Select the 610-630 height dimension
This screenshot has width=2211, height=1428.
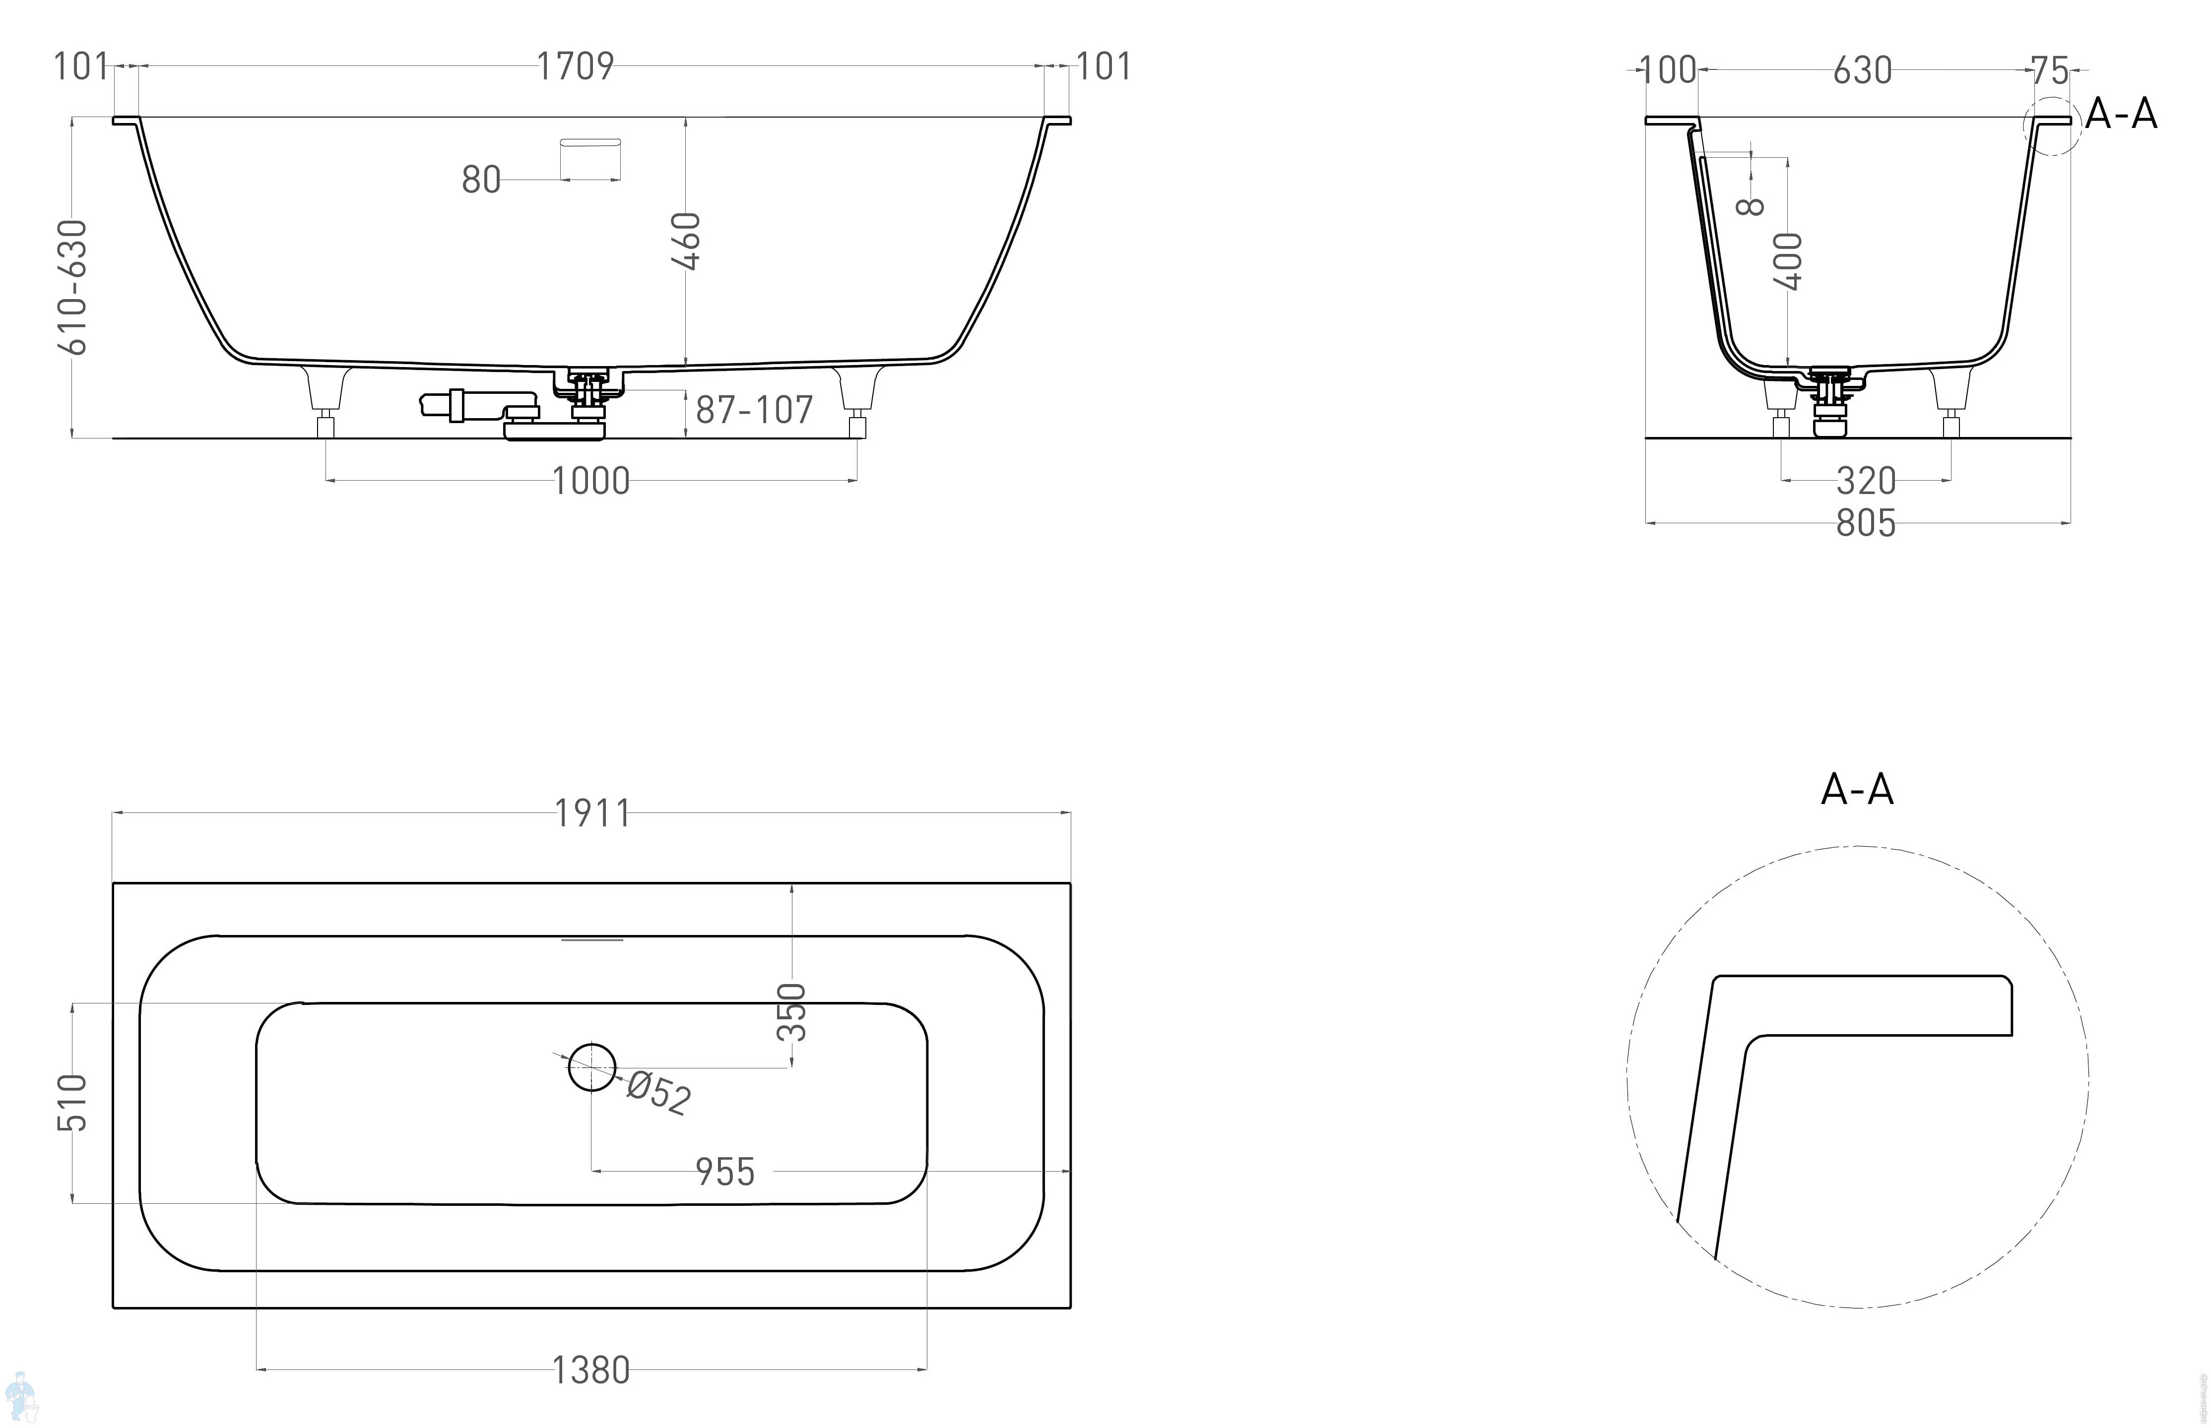(72, 288)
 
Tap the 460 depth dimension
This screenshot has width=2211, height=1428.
(686, 241)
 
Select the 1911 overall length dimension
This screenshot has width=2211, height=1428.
(592, 813)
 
